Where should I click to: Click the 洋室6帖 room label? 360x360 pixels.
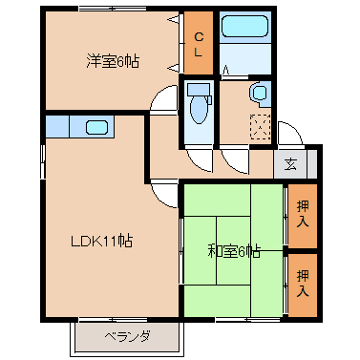pos(113,61)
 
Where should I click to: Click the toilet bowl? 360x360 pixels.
pos(199,110)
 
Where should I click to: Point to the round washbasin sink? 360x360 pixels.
pos(260,93)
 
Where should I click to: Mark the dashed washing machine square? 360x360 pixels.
pos(260,123)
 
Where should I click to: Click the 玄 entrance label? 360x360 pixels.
pos(290,163)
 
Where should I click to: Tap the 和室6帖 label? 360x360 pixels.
pos(233,252)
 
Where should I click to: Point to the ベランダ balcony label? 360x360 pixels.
pos(126,336)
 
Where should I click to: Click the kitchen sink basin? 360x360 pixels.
pos(96,125)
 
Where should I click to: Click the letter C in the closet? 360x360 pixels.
pos(199,37)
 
